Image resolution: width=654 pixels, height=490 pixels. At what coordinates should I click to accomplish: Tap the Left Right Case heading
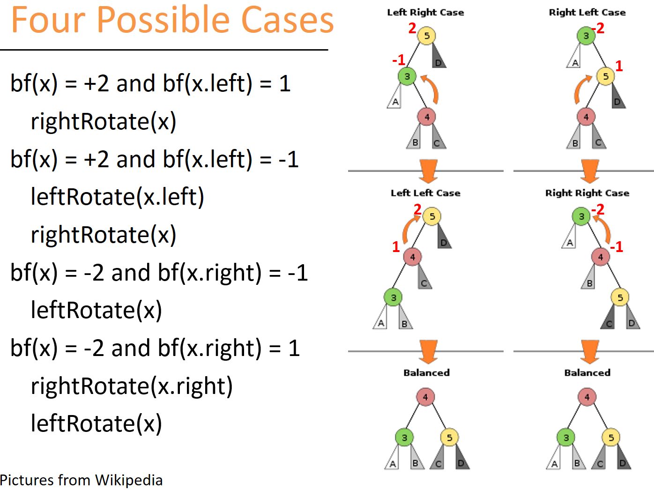click(425, 13)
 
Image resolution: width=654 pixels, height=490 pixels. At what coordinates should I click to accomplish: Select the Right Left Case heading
click(587, 13)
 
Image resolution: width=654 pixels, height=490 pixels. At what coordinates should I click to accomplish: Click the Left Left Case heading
click(425, 193)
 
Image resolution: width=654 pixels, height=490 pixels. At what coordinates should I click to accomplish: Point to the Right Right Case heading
click(587, 193)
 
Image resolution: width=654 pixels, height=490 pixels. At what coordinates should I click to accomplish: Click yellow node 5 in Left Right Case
click(426, 36)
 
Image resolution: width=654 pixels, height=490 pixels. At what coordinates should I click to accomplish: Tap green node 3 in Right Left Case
click(586, 36)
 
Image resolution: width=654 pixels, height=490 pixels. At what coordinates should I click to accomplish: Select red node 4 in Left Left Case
click(412, 257)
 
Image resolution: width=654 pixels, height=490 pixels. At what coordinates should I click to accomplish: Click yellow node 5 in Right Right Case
click(620, 297)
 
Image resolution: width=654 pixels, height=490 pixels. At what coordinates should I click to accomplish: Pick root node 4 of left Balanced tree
click(425, 397)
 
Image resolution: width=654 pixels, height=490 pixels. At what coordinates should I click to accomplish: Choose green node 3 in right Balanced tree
click(566, 438)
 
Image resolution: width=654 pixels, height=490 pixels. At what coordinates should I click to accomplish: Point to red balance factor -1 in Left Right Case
click(399, 60)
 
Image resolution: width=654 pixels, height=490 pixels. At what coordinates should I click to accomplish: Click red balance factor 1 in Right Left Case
click(619, 66)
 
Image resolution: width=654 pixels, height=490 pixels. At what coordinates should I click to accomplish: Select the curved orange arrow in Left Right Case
click(432, 89)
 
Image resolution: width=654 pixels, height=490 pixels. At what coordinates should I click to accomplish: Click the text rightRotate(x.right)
click(132, 386)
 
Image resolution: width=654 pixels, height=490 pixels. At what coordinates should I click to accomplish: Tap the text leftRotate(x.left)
click(117, 197)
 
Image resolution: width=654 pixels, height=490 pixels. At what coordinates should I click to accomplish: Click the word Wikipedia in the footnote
click(129, 480)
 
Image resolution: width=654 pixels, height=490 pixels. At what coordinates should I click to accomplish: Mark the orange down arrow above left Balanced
click(428, 351)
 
